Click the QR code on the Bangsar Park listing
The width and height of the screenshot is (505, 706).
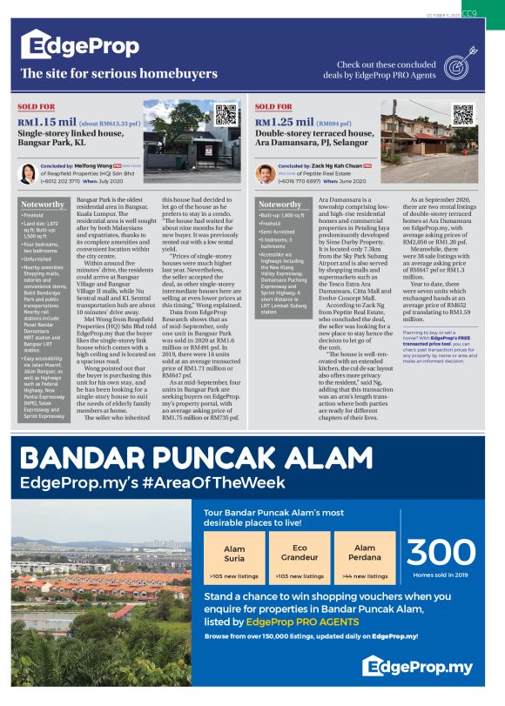coord(226,117)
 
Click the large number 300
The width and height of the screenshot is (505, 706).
coord(442,552)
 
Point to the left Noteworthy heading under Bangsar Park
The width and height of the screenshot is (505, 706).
coord(44,205)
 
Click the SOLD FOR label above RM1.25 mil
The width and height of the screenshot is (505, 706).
coord(273,107)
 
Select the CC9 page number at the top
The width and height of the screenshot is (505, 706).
coord(469,12)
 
